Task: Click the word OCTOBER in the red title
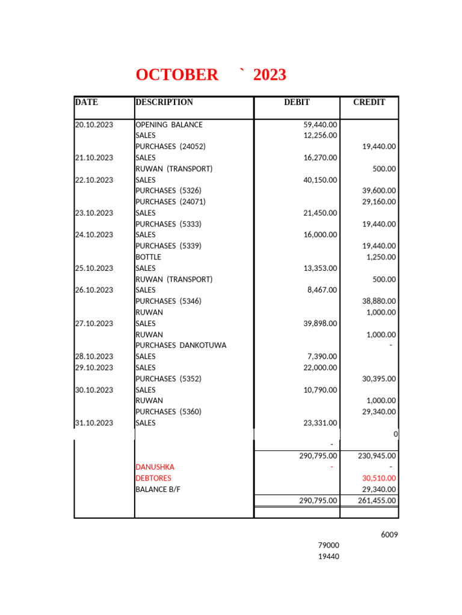[x=177, y=75]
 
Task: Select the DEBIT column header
[x=297, y=102]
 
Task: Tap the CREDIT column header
[x=369, y=102]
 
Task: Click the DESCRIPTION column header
[x=164, y=102]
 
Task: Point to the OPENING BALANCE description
[x=169, y=125]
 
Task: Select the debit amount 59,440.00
[x=320, y=125]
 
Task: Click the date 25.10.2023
[x=94, y=268]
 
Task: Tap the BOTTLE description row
[x=149, y=257]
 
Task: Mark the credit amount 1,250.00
[x=381, y=257]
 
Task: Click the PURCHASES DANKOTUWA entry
[x=181, y=345]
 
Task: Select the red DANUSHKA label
[x=155, y=467]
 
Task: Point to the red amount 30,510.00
[x=378, y=478]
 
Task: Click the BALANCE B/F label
[x=158, y=489]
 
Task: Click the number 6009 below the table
[x=389, y=535]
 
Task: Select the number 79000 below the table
[x=328, y=545]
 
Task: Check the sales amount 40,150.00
[x=320, y=180]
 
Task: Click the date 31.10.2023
[x=94, y=423]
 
